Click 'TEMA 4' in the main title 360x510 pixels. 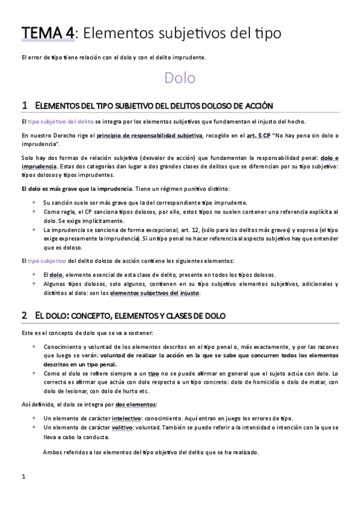(48, 33)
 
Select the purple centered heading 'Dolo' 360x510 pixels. (180, 78)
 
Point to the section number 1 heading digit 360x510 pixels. (24, 105)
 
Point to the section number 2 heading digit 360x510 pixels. (24, 315)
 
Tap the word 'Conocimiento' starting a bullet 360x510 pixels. (63, 347)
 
